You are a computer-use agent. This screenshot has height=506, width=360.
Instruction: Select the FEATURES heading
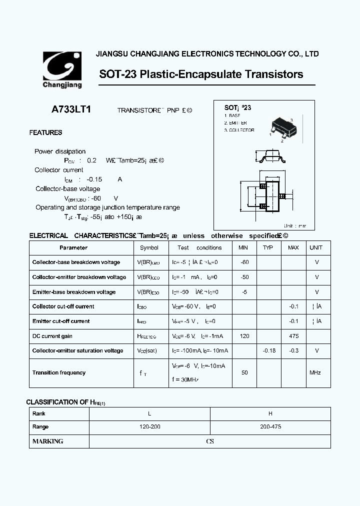(x=45, y=133)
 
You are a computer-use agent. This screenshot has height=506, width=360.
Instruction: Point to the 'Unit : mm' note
(x=295, y=226)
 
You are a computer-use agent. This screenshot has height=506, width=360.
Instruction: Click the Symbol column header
(x=149, y=247)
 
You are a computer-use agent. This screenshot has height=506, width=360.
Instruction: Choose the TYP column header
(x=268, y=247)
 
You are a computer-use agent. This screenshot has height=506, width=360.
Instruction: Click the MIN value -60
(x=244, y=262)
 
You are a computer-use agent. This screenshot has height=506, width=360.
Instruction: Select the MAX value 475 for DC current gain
(x=293, y=336)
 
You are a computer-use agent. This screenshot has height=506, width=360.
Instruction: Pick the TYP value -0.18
(x=269, y=350)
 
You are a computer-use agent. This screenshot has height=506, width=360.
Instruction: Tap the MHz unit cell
(x=315, y=372)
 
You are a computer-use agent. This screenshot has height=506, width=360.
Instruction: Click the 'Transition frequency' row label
(x=58, y=372)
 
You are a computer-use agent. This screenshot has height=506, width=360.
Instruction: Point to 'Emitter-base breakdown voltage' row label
(x=73, y=291)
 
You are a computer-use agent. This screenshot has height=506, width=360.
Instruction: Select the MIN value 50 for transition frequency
(x=244, y=372)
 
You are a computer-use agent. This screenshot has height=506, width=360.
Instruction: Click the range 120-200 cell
(x=149, y=427)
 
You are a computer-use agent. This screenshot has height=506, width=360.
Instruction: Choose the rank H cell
(x=270, y=413)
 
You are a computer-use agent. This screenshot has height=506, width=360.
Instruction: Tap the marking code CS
(x=210, y=441)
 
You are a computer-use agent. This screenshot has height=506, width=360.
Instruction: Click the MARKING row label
(x=47, y=441)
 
